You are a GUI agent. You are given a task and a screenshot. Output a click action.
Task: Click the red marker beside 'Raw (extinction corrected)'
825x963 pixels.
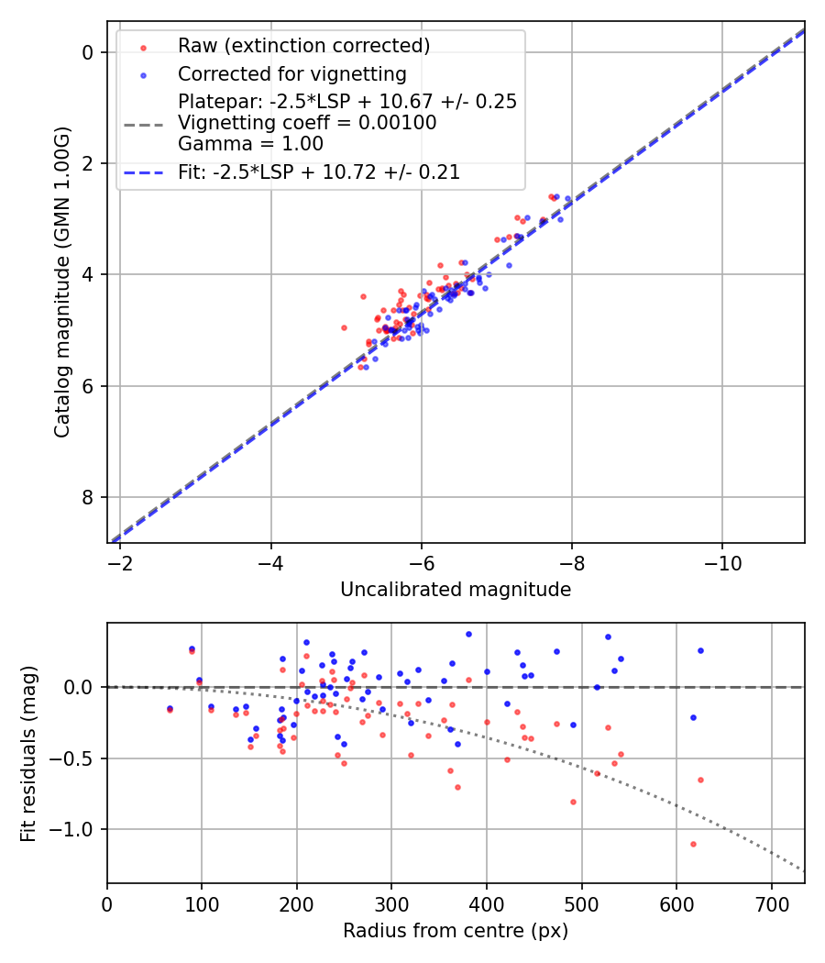point(142,47)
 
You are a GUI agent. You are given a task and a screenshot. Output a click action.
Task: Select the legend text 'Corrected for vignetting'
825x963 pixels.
point(291,74)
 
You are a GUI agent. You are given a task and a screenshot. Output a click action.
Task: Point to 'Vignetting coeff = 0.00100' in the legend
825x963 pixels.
point(307,123)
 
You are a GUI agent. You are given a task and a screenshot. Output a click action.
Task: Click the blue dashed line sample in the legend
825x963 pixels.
point(142,172)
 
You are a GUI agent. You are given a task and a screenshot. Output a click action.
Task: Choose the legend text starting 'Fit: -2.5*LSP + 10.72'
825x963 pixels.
point(318,172)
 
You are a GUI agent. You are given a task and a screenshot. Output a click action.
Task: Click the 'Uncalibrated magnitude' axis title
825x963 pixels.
point(456,590)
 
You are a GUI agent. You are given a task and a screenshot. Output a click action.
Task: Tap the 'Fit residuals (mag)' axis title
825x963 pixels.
point(27,753)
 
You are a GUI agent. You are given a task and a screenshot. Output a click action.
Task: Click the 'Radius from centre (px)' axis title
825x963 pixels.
point(456,931)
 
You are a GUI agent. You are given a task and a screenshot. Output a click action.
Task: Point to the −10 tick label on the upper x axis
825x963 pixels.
point(721,561)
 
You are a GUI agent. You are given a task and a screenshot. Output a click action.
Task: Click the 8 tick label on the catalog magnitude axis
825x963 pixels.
point(88,498)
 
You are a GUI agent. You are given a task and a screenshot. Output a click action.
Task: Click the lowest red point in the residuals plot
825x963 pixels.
point(693,844)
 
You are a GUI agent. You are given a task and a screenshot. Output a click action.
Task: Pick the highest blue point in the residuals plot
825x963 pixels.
point(468,634)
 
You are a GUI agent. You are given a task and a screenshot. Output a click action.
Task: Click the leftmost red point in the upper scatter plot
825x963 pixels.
point(344,327)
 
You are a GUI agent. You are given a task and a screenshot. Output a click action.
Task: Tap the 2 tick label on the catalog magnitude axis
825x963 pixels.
point(88,164)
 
